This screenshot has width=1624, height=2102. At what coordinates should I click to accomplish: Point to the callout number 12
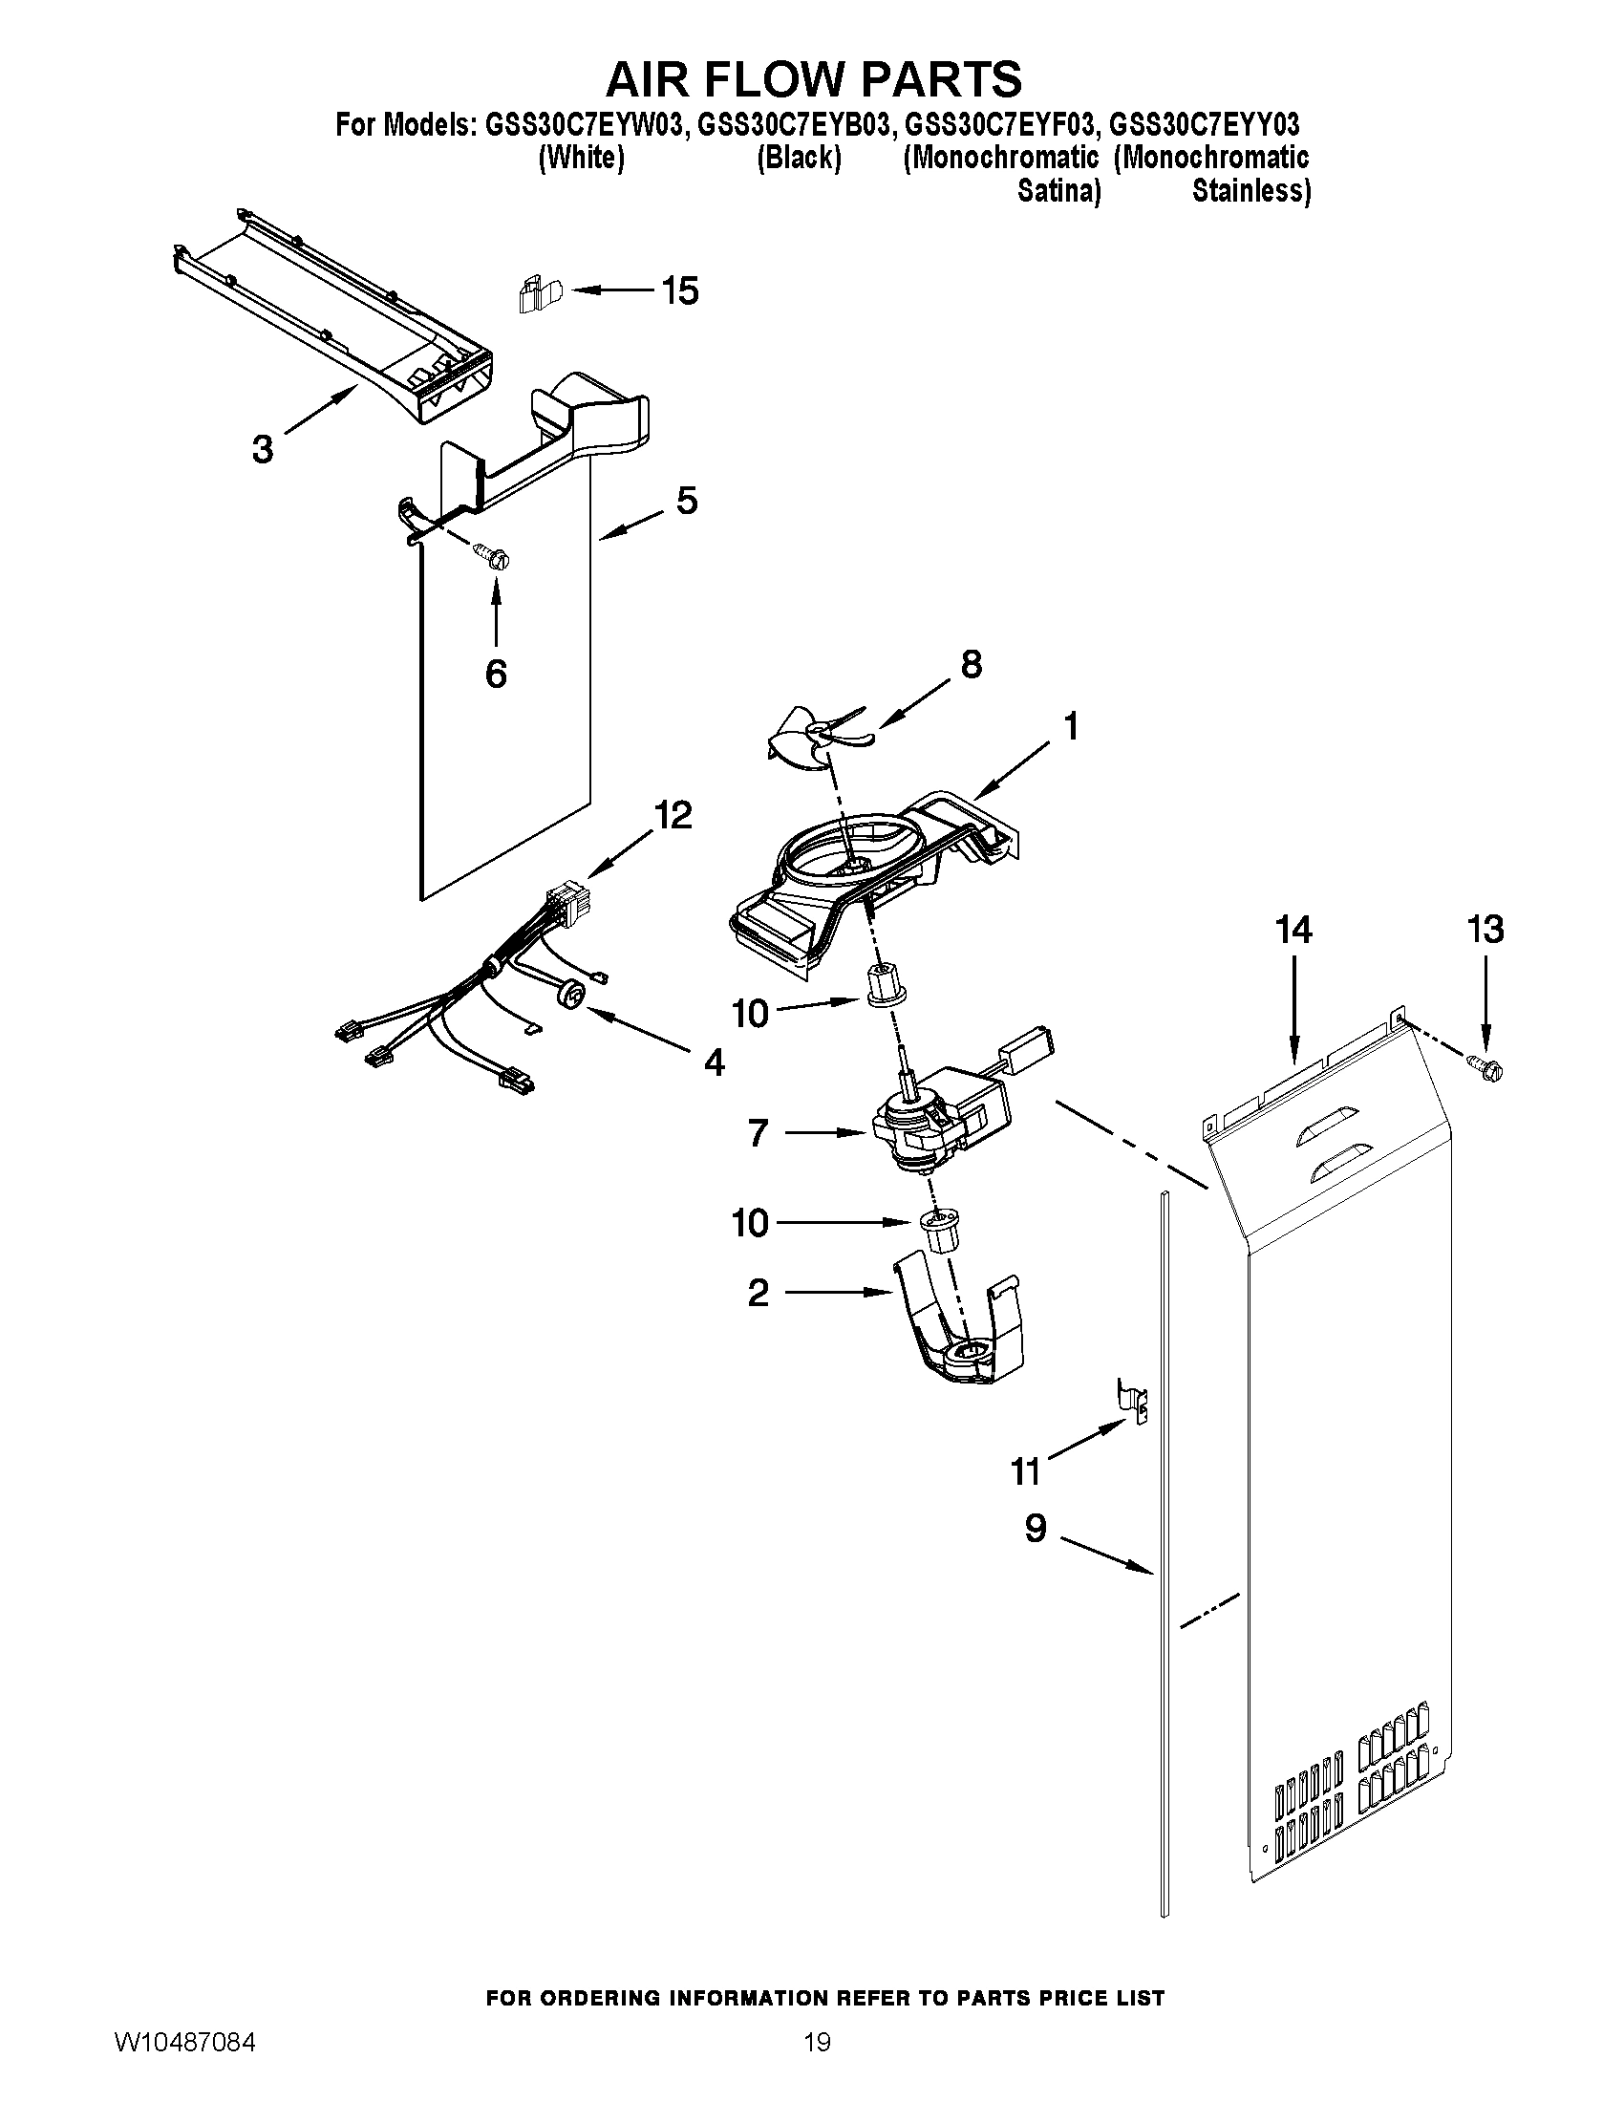673,815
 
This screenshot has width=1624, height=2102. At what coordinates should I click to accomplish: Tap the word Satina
1058,191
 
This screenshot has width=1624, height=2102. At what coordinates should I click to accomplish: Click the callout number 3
262,448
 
